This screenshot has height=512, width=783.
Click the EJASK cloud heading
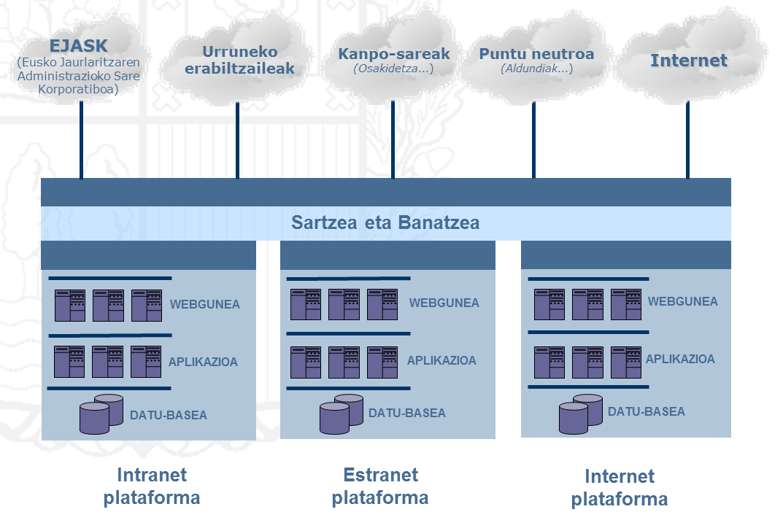point(78,44)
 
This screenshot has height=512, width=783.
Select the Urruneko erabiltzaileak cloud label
point(239,61)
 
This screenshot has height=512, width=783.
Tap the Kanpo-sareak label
point(394,54)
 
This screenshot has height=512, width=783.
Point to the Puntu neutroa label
point(536,54)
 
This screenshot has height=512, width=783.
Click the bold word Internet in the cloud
point(689,60)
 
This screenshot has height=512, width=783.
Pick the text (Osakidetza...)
point(394,69)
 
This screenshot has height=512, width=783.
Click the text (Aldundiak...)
point(536,69)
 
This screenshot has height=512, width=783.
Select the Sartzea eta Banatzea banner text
point(385,222)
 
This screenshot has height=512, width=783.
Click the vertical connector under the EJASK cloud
point(81,139)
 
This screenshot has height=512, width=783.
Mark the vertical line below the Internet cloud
point(687,139)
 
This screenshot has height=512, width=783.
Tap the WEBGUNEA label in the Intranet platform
point(204,304)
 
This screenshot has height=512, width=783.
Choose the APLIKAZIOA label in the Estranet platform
point(441,360)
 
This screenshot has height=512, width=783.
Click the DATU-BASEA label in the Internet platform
point(646,411)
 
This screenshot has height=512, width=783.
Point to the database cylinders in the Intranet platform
point(101,414)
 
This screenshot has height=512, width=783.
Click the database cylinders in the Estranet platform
point(341,414)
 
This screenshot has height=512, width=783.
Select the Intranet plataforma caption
point(152,486)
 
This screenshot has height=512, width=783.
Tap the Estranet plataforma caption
point(380,486)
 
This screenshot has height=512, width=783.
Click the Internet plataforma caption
point(619,488)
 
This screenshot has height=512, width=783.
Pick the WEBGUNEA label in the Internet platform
point(682,301)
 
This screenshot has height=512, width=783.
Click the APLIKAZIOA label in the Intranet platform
point(203,362)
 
